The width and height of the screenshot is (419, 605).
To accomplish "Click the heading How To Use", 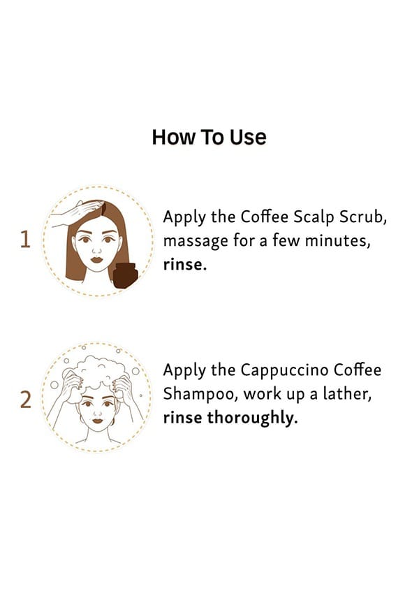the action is pyautogui.click(x=209, y=137).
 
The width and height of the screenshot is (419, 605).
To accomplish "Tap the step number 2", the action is pyautogui.click(x=25, y=400).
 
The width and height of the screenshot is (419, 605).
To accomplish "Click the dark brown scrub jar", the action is pyautogui.click(x=125, y=275).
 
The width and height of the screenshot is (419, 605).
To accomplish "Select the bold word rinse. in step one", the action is pyautogui.click(x=185, y=265).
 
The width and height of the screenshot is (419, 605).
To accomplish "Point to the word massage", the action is pyautogui.click(x=196, y=242).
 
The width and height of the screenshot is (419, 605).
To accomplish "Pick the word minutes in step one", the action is pyautogui.click(x=337, y=241).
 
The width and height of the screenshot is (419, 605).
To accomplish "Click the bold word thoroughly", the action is pyautogui.click(x=252, y=418).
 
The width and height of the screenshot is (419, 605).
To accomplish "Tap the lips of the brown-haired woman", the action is pyautogui.click(x=97, y=260).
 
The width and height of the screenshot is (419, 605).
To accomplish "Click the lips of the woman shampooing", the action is pyautogui.click(x=98, y=420).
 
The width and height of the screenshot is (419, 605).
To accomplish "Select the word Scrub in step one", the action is pyautogui.click(x=362, y=217).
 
